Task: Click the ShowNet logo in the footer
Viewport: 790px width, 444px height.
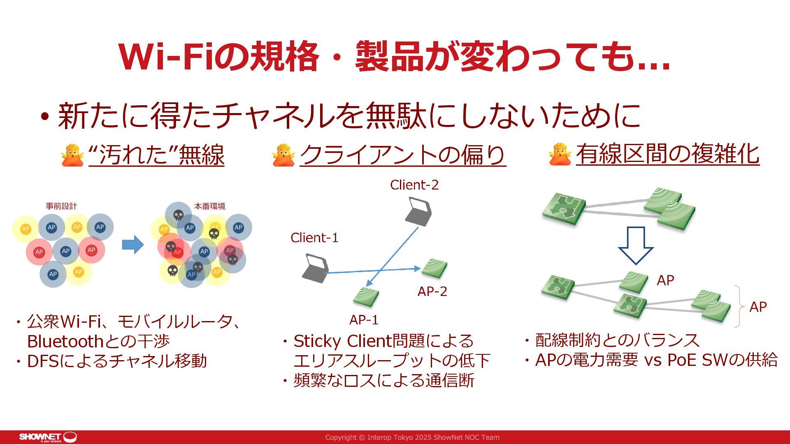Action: click(48, 437)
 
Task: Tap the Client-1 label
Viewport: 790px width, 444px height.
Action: click(314, 238)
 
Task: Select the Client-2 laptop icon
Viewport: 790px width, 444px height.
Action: click(418, 212)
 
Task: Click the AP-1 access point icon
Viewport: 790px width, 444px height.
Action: click(366, 296)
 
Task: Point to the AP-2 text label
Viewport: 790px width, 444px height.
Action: click(432, 291)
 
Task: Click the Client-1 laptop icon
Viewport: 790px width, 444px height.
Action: click(315, 268)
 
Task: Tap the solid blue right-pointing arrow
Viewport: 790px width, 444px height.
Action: click(133, 245)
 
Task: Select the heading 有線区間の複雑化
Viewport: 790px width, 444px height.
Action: click(667, 155)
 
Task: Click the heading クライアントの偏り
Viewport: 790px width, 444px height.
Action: click(403, 155)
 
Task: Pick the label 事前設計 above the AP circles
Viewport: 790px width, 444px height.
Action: click(61, 206)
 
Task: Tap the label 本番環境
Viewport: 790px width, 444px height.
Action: click(210, 206)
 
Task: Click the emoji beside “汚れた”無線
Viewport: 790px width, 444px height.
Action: click(72, 155)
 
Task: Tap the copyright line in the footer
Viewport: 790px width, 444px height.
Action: click(412, 437)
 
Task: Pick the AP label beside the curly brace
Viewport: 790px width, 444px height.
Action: click(758, 307)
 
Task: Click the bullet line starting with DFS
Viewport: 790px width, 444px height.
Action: click(116, 361)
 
